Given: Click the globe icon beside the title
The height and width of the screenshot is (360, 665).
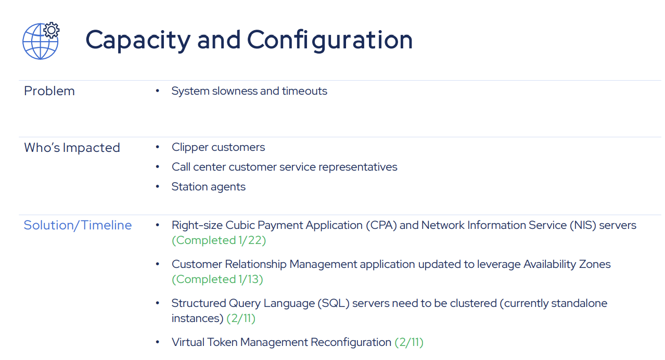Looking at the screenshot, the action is [x=39, y=42].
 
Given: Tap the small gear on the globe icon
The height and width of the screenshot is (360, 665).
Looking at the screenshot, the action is [x=52, y=30].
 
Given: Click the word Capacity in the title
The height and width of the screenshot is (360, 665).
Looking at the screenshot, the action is [x=138, y=40].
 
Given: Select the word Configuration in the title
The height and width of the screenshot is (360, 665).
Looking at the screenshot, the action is [x=329, y=40].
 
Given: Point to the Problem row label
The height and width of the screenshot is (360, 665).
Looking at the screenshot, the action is [x=49, y=91].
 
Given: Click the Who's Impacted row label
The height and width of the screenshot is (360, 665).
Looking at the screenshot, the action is [x=72, y=148].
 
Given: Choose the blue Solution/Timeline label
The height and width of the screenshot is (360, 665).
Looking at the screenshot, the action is [x=78, y=225].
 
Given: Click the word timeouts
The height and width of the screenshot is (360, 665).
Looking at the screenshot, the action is [x=304, y=91].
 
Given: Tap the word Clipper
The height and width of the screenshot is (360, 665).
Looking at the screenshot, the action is [x=189, y=147].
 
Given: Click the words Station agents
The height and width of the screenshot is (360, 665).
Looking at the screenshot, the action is [x=208, y=187].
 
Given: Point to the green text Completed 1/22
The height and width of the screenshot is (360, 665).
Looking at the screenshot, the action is [x=219, y=240].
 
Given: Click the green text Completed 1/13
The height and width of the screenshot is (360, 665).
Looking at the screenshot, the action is [x=218, y=279].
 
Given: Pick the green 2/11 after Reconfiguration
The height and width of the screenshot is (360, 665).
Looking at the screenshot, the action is [x=409, y=342].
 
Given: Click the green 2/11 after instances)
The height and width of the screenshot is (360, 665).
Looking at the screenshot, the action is [x=241, y=318].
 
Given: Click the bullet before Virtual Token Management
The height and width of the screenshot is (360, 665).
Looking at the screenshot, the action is [x=157, y=342].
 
